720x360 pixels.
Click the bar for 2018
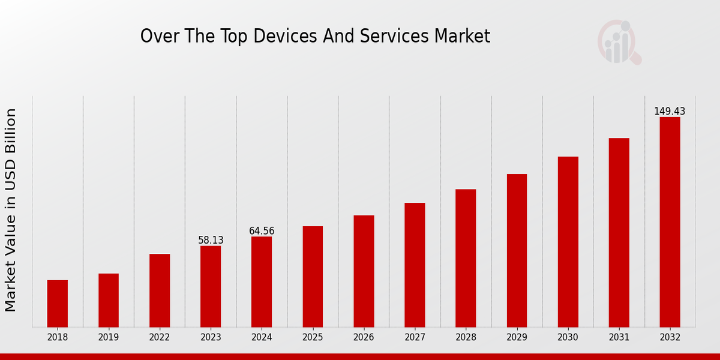pyautogui.click(x=58, y=304)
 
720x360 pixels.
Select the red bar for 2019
pyautogui.click(x=109, y=300)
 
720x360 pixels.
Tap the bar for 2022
pyautogui.click(x=160, y=290)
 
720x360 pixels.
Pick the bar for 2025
pyautogui.click(x=313, y=277)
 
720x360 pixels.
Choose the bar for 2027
pyautogui.click(x=415, y=265)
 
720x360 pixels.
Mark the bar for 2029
pyautogui.click(x=517, y=250)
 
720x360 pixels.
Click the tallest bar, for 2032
pyautogui.click(x=670, y=222)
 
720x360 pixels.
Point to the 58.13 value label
pyautogui.click(x=211, y=240)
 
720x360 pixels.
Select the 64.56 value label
pyautogui.click(x=262, y=231)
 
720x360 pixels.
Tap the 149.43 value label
pyautogui.click(x=670, y=112)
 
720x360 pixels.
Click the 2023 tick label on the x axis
pyautogui.click(x=211, y=337)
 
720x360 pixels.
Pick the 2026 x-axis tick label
pyautogui.click(x=364, y=337)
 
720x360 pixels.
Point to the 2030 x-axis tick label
pyautogui.click(x=568, y=337)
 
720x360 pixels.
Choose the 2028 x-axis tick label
pyautogui.click(x=466, y=337)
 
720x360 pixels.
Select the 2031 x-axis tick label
pyautogui.click(x=619, y=337)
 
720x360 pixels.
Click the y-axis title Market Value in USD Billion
pyautogui.click(x=11, y=210)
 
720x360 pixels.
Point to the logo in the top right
pyautogui.click(x=619, y=42)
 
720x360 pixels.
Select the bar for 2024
pyautogui.click(x=262, y=281)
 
